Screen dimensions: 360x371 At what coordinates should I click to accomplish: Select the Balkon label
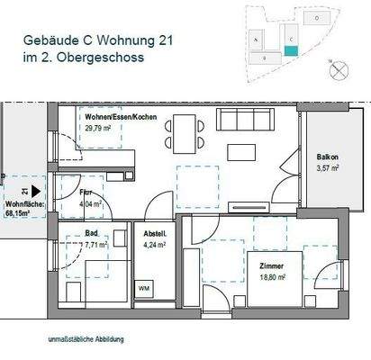click(327, 157)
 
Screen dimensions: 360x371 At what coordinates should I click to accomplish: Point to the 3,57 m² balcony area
click(327, 167)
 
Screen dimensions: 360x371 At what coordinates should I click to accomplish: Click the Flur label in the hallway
click(84, 192)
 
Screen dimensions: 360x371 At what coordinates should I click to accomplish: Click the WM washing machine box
click(143, 288)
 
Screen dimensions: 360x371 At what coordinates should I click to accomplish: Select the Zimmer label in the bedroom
click(269, 267)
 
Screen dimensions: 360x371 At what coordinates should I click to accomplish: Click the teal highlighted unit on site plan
click(290, 51)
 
